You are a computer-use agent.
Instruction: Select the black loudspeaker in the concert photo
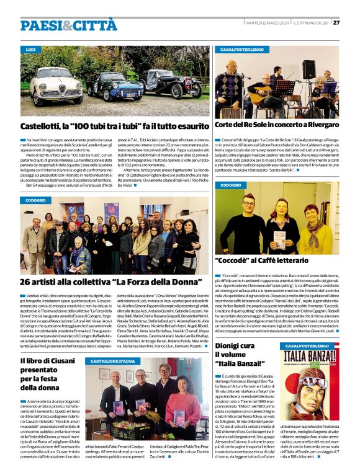tap(308, 69)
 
